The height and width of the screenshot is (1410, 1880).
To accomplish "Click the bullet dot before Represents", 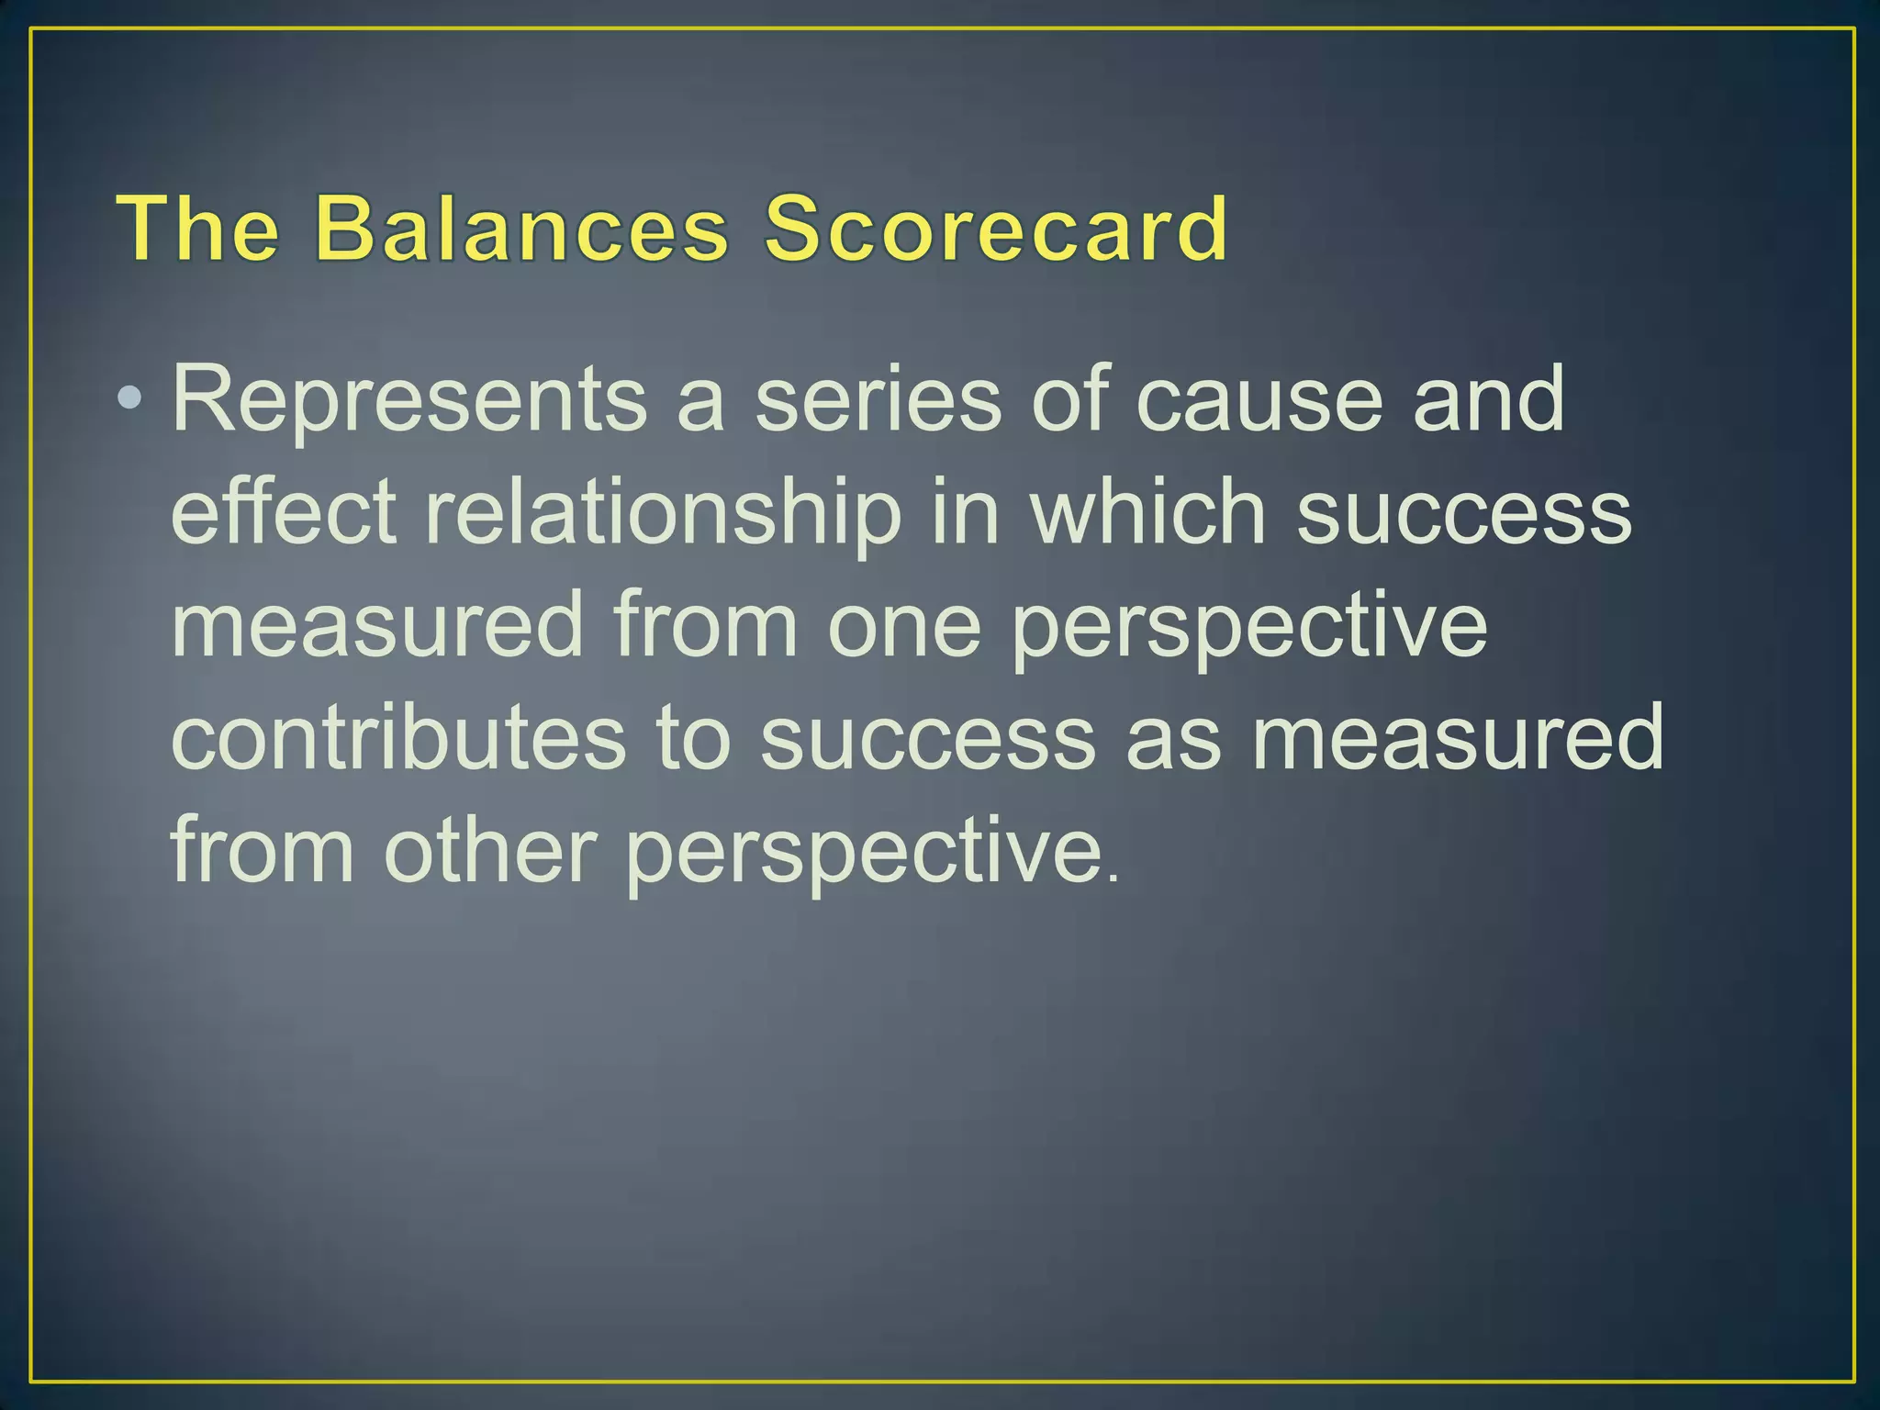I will pyautogui.click(x=131, y=398).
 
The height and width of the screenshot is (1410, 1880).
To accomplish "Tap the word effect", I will pyautogui.click(x=284, y=512).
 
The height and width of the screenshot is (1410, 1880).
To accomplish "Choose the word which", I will pyautogui.click(x=1148, y=512).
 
